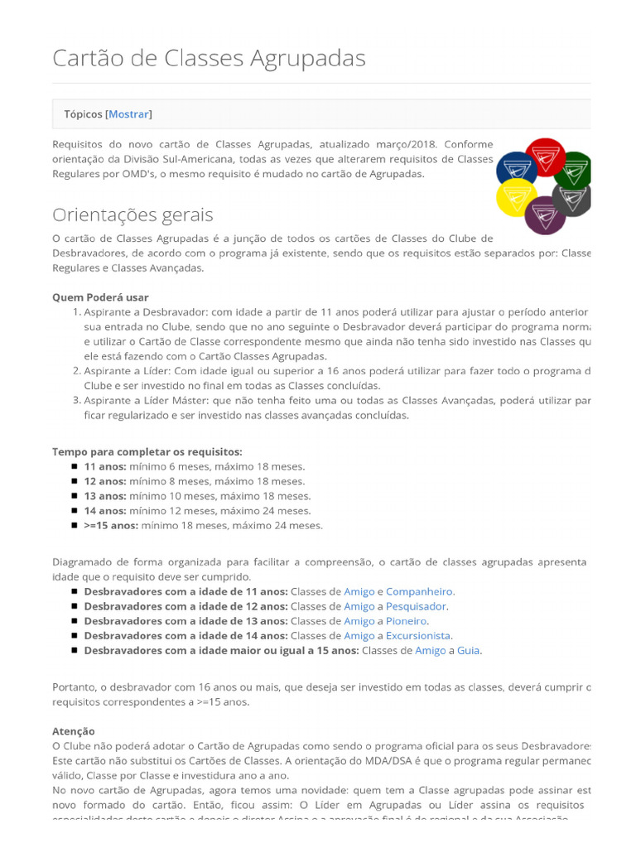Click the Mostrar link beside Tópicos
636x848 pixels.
coord(129,114)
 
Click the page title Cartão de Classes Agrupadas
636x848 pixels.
coord(209,58)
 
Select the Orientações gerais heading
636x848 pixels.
coord(132,214)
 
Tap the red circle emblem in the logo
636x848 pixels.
coord(546,157)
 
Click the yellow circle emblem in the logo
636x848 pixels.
coord(517,198)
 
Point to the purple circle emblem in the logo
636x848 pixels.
coord(546,215)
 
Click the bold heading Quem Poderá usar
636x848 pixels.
coord(100,296)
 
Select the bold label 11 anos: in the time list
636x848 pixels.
coord(105,466)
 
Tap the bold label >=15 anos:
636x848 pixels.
coord(111,525)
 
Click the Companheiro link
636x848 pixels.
coord(420,591)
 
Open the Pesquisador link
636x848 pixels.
coord(416,606)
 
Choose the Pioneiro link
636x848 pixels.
coord(407,620)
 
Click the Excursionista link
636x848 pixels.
coord(418,635)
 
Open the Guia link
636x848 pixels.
coord(468,650)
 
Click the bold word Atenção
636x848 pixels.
coord(74,731)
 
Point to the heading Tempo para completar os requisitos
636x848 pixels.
coord(147,451)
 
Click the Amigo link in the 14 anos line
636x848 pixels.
coord(359,635)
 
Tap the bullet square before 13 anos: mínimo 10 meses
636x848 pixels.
coord(75,496)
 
